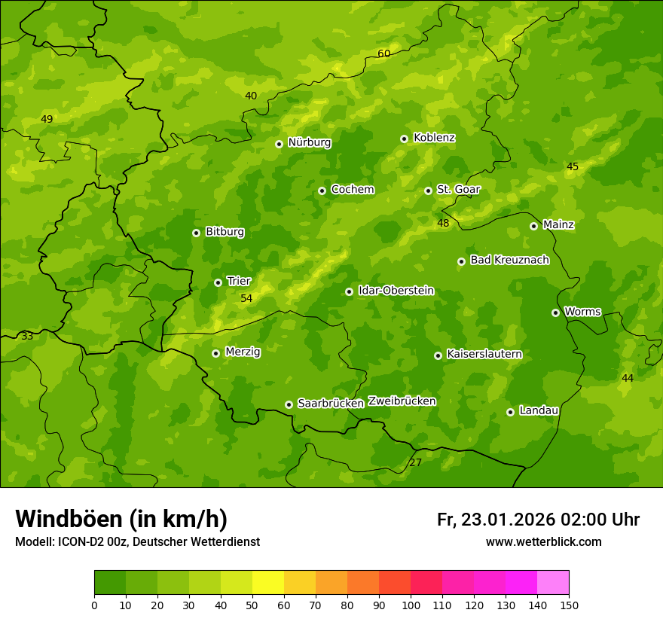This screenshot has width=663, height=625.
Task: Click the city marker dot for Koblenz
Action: click(x=404, y=139)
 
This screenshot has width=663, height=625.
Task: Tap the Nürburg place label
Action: click(x=309, y=142)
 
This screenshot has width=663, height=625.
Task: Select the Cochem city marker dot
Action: click(x=322, y=191)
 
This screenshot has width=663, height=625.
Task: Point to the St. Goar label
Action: click(x=458, y=189)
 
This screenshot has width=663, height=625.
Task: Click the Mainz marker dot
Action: click(x=533, y=226)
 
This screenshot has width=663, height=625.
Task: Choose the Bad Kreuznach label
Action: click(x=509, y=260)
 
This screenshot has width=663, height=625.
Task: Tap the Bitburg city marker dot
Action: click(x=196, y=233)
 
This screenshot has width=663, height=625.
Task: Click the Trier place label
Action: click(x=239, y=281)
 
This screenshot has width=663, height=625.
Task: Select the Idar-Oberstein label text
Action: click(x=396, y=290)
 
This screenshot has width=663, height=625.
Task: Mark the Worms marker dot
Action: click(x=555, y=312)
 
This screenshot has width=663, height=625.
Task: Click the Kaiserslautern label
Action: click(x=484, y=354)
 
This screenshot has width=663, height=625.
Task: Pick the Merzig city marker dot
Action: click(x=215, y=353)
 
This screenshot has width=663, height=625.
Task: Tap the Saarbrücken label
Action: click(x=331, y=403)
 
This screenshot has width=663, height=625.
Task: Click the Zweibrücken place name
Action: click(x=402, y=401)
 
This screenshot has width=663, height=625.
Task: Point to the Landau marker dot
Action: click(x=510, y=412)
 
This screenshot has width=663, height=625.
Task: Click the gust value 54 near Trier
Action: click(x=246, y=299)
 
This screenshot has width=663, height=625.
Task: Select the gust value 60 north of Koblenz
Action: click(x=384, y=53)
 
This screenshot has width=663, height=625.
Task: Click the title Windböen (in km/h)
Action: click(x=121, y=519)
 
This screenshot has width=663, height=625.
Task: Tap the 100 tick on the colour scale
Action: click(x=411, y=605)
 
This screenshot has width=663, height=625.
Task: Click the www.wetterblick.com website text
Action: click(x=543, y=541)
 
